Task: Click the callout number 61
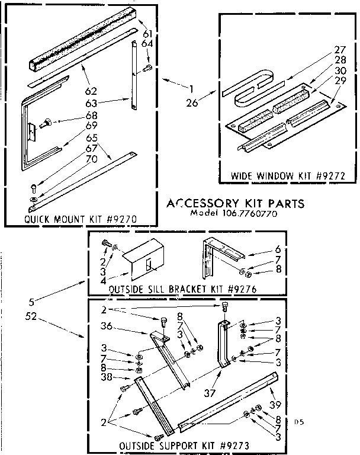point(147,33)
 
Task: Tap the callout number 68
point(92,115)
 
